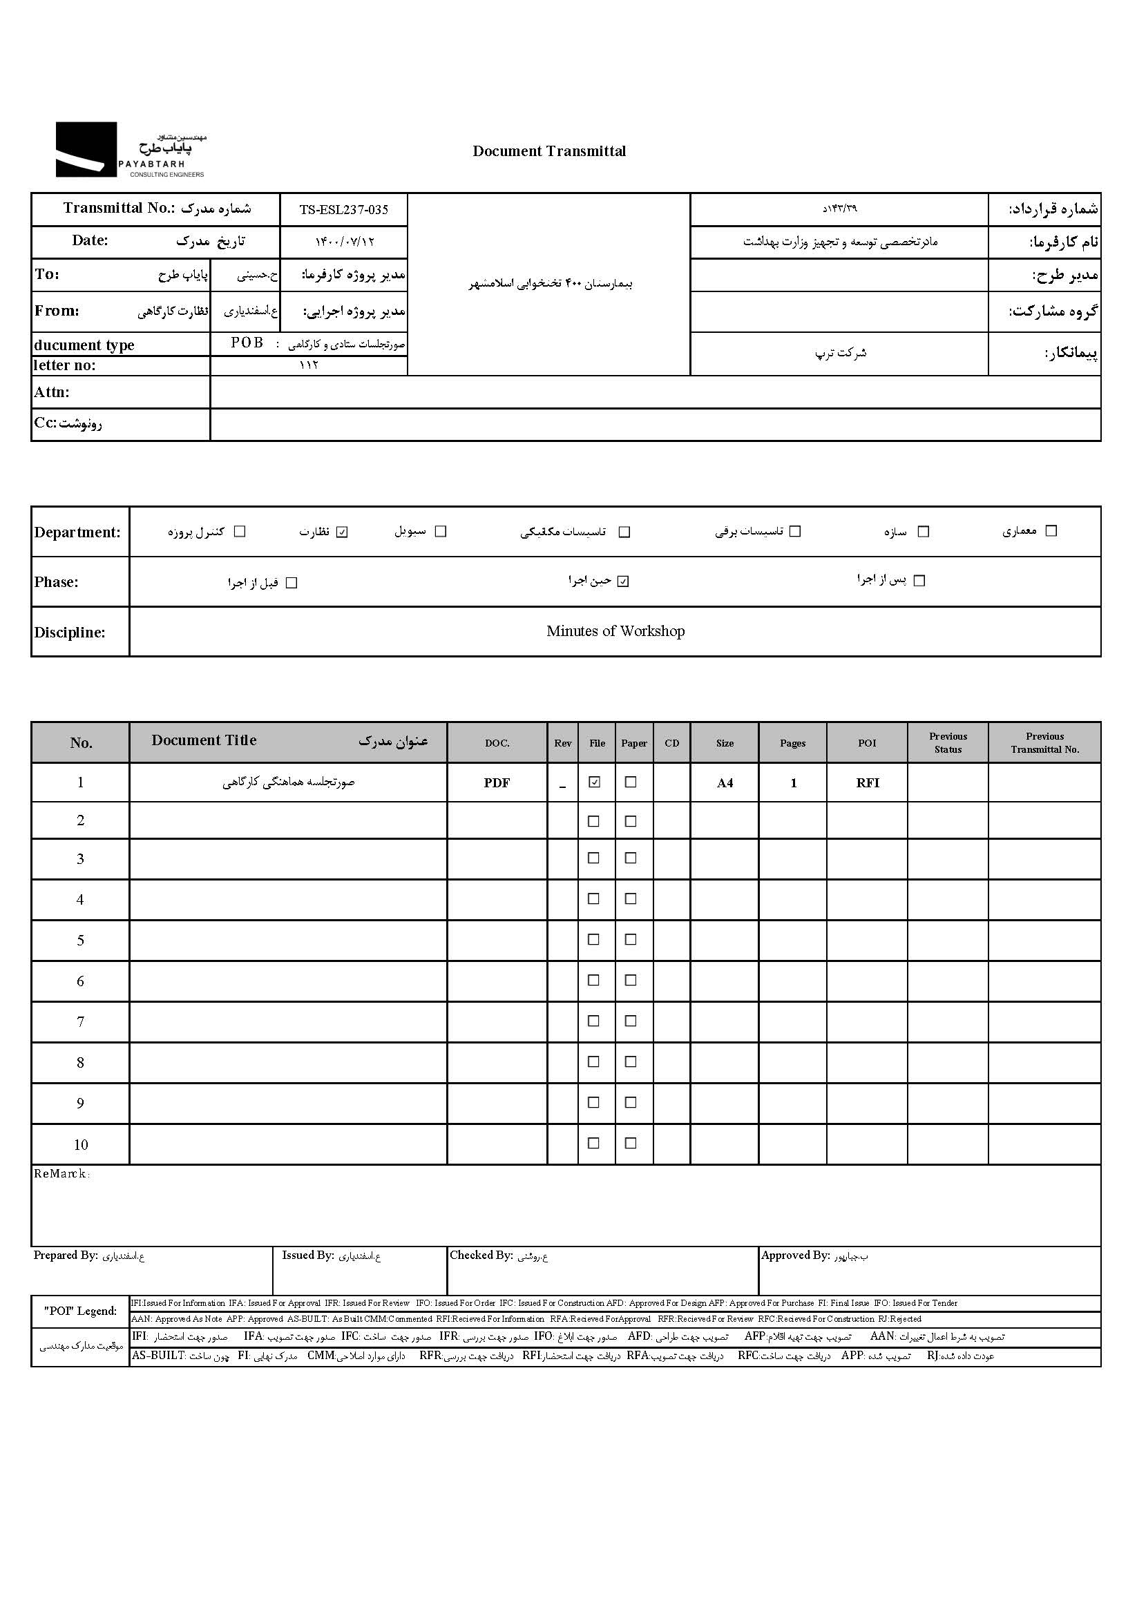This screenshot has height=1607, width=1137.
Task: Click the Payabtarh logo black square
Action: [x=86, y=149]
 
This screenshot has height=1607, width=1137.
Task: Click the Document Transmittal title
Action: [x=549, y=151]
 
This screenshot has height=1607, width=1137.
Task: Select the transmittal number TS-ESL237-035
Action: [x=343, y=209]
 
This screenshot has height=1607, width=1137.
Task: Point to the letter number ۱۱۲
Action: [x=308, y=365]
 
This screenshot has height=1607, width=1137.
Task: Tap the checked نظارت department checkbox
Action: [x=342, y=532]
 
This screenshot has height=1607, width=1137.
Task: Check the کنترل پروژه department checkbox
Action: [x=240, y=531]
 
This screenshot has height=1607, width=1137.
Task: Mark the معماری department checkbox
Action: [x=1051, y=530]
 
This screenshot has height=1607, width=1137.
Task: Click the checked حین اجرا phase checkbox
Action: [x=623, y=581]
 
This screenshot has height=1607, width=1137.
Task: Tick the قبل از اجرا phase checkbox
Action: [x=292, y=583]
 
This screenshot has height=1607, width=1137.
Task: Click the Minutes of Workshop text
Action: [x=615, y=631]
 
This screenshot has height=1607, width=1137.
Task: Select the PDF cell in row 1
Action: [x=497, y=783]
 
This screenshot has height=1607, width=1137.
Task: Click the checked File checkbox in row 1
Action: [x=595, y=782]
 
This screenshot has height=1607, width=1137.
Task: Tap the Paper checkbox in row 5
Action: [x=631, y=939]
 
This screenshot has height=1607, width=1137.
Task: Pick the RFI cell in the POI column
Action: [x=867, y=783]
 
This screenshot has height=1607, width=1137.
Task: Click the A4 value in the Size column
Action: [x=725, y=783]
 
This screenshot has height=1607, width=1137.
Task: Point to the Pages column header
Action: [x=792, y=743]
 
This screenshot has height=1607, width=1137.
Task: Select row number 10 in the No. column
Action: [x=81, y=1145]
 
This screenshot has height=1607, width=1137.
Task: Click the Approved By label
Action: [x=795, y=1255]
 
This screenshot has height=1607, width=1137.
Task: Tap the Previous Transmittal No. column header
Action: [x=1044, y=742]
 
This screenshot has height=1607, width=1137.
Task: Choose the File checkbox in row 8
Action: [x=593, y=1061]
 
